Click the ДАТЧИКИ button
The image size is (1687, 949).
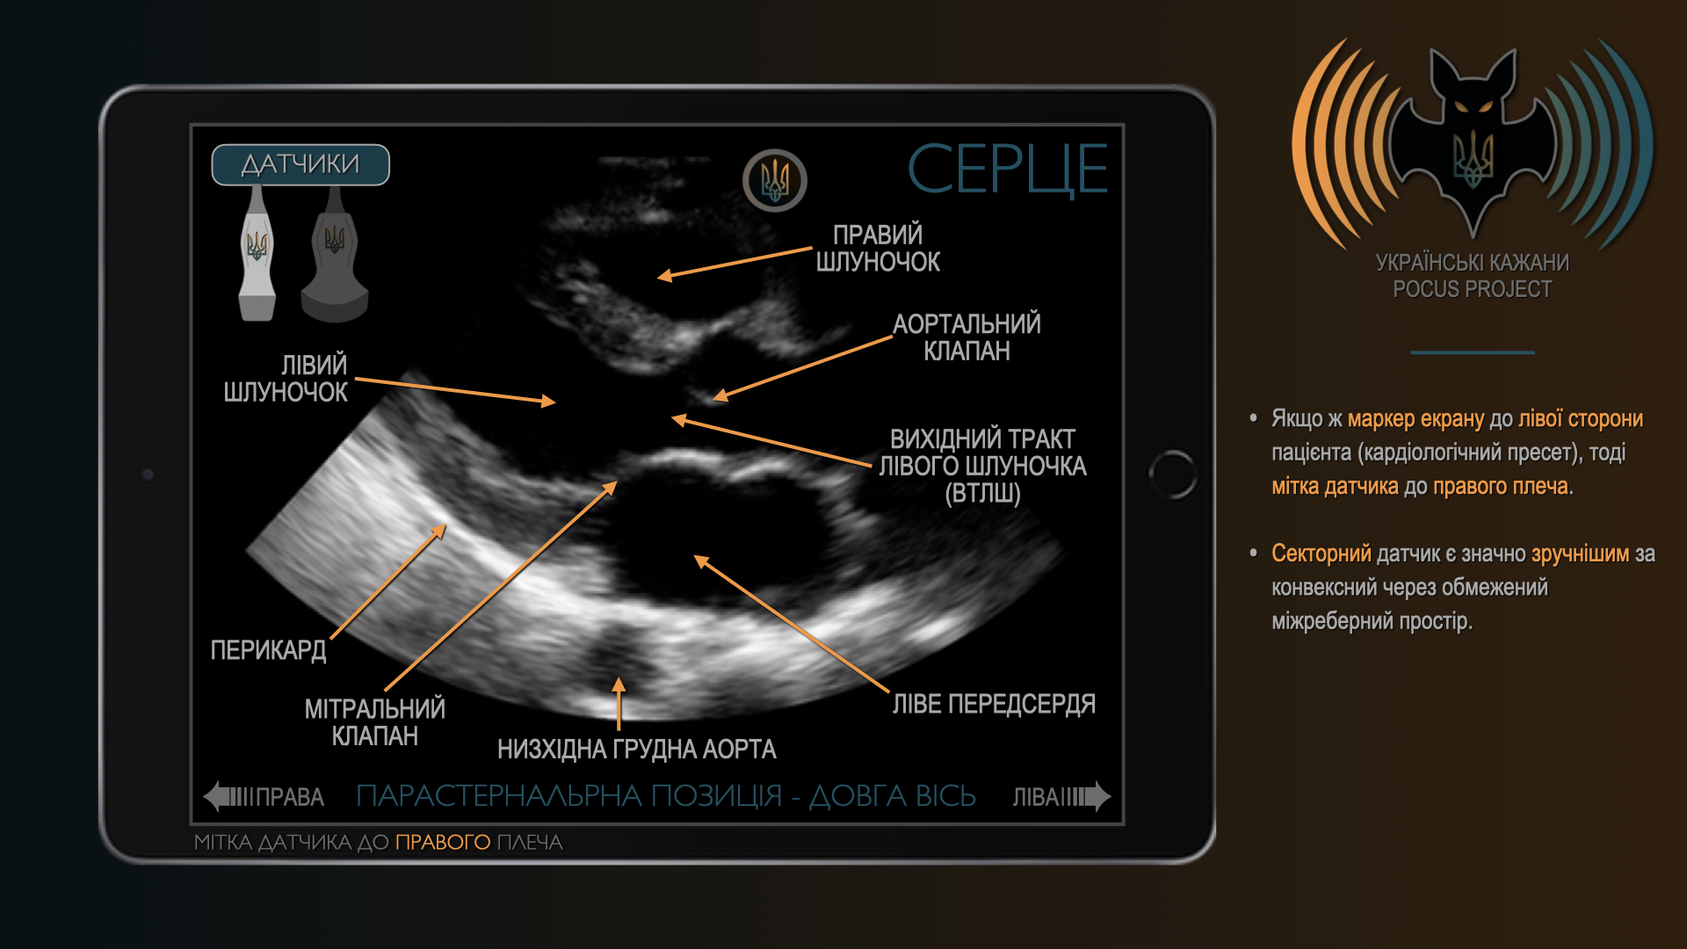click(300, 164)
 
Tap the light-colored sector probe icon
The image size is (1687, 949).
click(257, 254)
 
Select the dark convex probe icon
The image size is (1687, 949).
click(335, 254)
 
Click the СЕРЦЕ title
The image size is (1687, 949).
click(1007, 169)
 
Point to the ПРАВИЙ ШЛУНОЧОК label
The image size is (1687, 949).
click(878, 248)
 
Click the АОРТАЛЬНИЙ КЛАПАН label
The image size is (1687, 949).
click(967, 337)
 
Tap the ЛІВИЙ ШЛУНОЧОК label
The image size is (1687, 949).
click(286, 379)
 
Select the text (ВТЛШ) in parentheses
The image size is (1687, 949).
click(983, 494)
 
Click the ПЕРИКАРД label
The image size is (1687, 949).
click(268, 650)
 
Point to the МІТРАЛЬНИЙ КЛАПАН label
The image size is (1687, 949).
click(375, 722)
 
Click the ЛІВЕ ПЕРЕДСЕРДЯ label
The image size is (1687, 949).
click(994, 704)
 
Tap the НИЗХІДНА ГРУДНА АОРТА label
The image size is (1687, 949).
click(636, 750)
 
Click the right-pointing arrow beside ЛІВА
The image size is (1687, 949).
click(1087, 796)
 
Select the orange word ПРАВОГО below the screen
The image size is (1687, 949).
click(443, 842)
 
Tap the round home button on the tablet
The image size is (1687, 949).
click(1173, 474)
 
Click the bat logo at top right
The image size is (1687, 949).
click(1473, 141)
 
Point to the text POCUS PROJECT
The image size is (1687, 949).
click(1473, 289)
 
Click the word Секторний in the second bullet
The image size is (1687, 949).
click(1321, 554)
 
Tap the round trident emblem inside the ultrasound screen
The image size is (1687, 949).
click(775, 180)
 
